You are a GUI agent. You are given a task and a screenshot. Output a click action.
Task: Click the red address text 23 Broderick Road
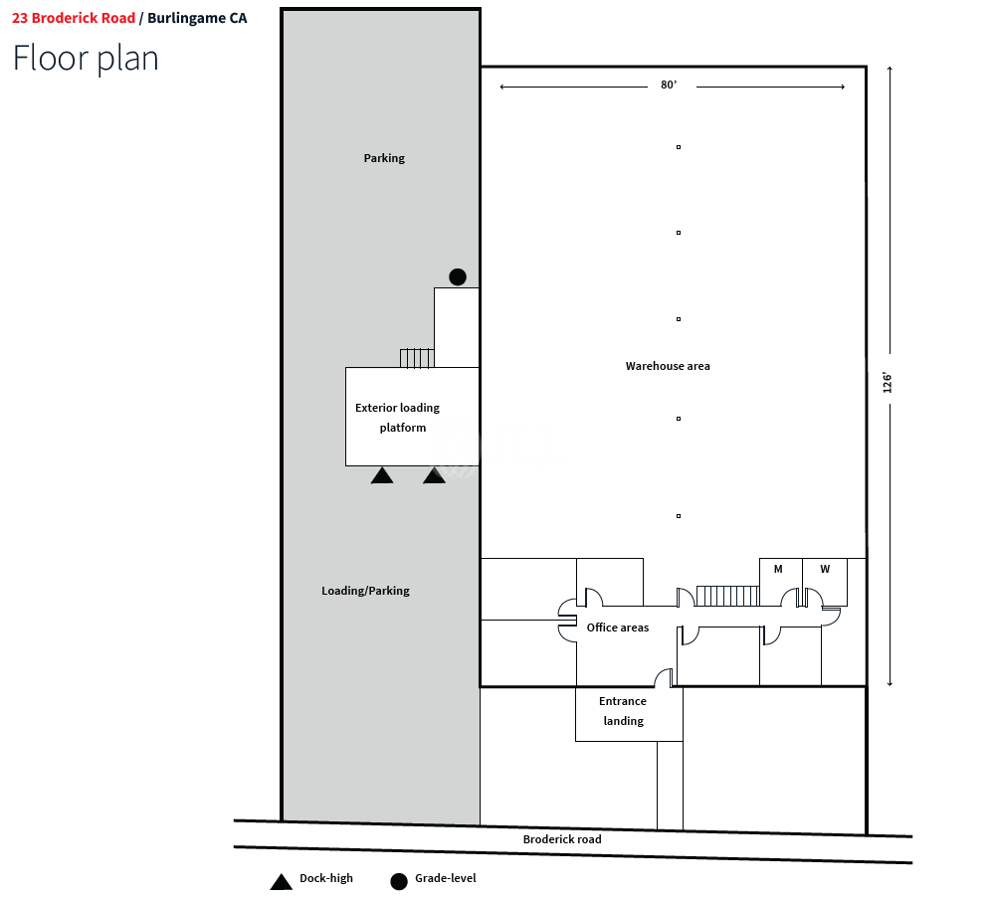74,18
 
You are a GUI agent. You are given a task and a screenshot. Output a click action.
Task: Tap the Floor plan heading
86,58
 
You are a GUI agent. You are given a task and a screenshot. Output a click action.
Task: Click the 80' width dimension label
669,86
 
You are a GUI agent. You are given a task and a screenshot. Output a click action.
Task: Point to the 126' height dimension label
888,383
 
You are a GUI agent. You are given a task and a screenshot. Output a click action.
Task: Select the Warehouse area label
668,366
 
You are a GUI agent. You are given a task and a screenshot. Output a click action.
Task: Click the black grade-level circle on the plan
457,277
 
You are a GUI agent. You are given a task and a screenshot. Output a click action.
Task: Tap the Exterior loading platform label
398,418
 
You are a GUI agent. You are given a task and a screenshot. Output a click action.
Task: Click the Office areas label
617,628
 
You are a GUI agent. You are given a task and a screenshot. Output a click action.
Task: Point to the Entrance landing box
623,712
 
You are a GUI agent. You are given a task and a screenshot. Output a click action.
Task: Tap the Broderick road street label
562,839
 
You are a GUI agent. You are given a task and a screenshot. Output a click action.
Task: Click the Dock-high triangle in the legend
282,881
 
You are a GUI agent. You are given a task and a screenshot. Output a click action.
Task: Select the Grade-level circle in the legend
399,881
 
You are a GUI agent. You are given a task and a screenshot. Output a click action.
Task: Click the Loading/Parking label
365,591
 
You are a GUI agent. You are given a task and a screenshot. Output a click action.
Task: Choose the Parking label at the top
384,158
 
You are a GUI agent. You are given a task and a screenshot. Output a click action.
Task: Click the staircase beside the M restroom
727,596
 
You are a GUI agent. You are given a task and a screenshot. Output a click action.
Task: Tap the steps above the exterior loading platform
417,358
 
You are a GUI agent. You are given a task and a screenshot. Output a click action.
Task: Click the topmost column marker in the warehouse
679,147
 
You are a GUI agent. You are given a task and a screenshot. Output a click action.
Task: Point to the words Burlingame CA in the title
197,18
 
